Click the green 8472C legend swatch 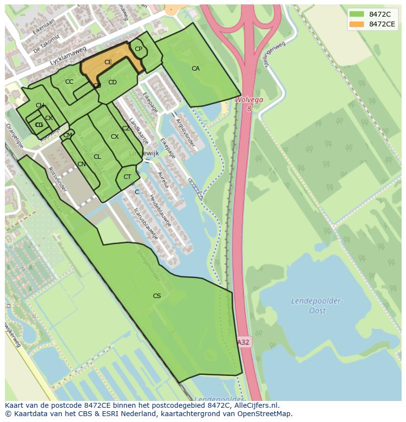pyautogui.click(x=357, y=14)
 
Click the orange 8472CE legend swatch pyautogui.click(x=357, y=24)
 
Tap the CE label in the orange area pyautogui.click(x=108, y=62)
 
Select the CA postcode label pyautogui.click(x=196, y=69)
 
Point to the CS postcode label pyautogui.click(x=157, y=296)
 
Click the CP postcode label pyautogui.click(x=138, y=49)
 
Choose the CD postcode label pyautogui.click(x=112, y=82)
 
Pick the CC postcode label pyautogui.click(x=69, y=82)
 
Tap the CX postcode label pyautogui.click(x=114, y=137)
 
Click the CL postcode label pyautogui.click(x=97, y=157)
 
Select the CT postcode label pyautogui.click(x=127, y=177)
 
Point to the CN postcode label pyautogui.click(x=81, y=164)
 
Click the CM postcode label pyautogui.click(x=68, y=135)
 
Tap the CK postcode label pyautogui.click(x=49, y=118)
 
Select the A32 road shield pyautogui.click(x=244, y=342)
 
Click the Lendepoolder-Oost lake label pyautogui.click(x=317, y=305)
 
